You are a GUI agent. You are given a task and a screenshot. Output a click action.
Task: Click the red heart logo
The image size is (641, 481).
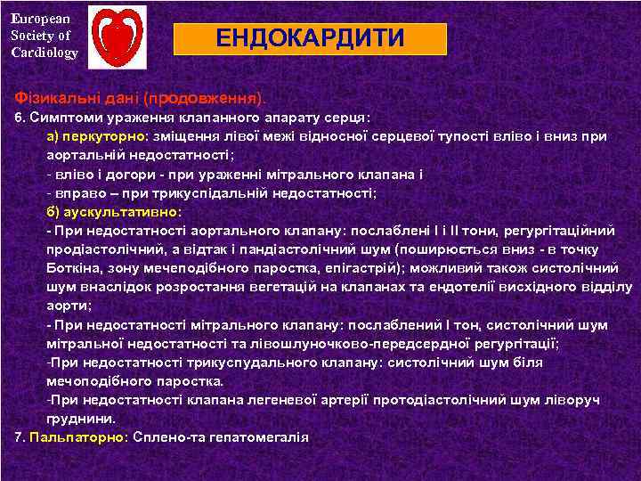[x=119, y=37]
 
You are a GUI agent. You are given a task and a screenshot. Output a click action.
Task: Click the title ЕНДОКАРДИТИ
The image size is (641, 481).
[x=310, y=39]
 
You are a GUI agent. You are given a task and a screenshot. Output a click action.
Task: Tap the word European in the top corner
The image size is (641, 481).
[x=35, y=17]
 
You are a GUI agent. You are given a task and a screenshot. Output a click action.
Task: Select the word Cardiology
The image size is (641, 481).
[x=45, y=53]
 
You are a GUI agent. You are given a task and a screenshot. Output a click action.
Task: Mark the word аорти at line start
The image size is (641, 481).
[x=64, y=305]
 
